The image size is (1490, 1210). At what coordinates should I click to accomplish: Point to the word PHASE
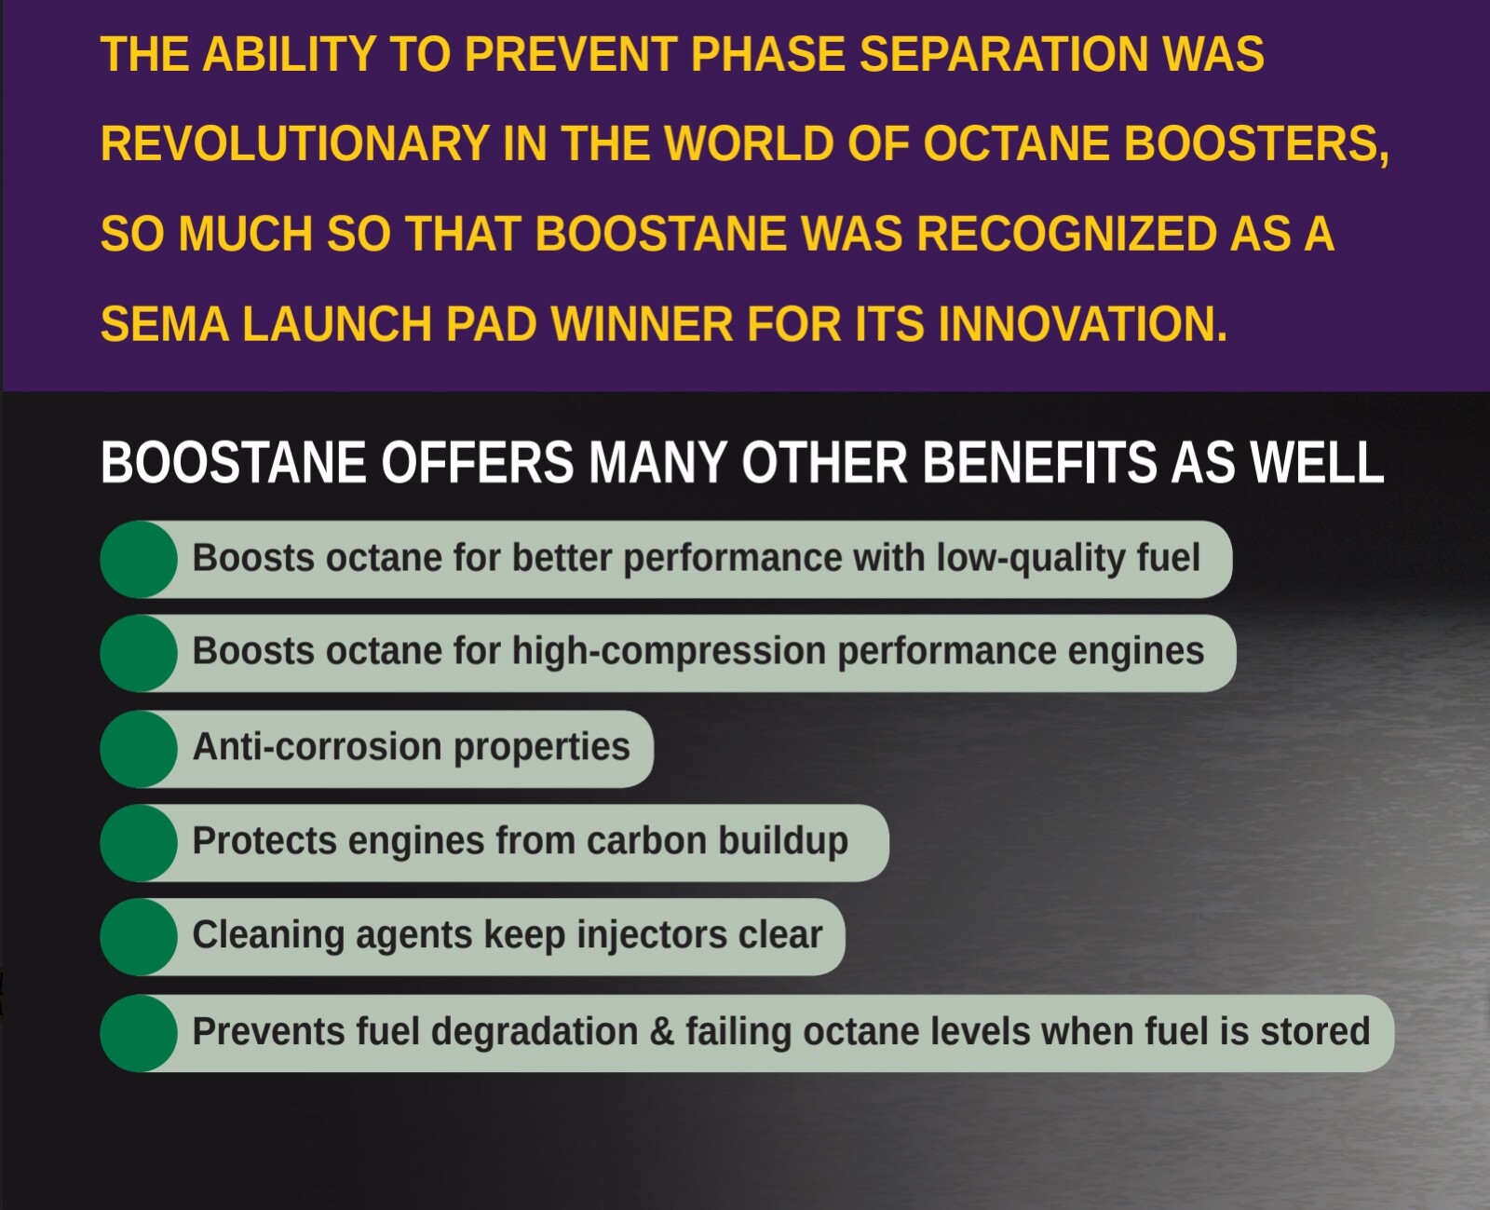[x=767, y=54]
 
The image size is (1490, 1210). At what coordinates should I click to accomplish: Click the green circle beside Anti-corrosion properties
[x=139, y=749]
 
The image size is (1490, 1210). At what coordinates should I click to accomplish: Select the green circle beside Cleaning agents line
[x=139, y=937]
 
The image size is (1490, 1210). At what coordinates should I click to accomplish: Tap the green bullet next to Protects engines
[x=139, y=843]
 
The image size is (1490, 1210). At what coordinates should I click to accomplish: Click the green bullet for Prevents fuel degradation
[x=139, y=1033]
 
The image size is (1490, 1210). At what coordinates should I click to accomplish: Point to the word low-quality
[x=1031, y=559]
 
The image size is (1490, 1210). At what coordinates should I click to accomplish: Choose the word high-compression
[x=669, y=652]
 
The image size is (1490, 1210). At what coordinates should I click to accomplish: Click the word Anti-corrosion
[x=317, y=747]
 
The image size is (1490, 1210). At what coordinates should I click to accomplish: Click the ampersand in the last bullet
[x=662, y=1032]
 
